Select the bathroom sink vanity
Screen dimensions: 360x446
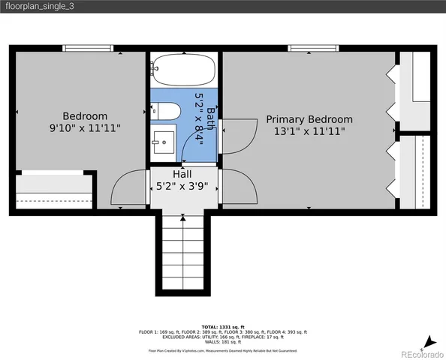162,141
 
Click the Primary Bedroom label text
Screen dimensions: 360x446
309,119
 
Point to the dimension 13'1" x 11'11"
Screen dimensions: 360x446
309,131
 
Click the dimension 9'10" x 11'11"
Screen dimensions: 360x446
84,128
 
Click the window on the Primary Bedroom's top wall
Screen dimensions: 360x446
310,49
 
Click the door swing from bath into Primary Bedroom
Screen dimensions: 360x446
236,135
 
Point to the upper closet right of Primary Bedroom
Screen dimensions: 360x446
414,91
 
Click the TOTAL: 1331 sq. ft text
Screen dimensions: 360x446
223,327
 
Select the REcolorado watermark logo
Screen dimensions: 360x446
421,352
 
